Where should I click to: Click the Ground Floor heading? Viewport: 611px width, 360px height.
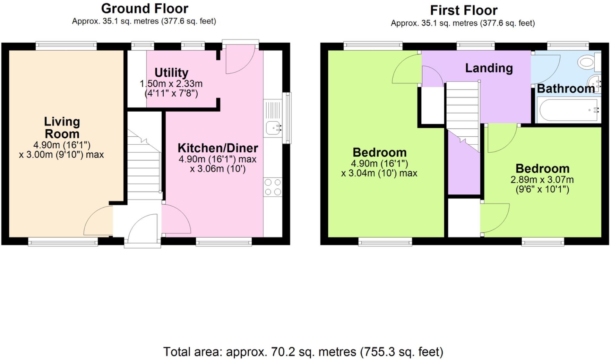click(144, 9)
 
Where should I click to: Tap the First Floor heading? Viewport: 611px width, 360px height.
click(463, 11)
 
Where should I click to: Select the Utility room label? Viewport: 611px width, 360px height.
click(171, 73)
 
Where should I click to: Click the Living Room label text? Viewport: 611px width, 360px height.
click(62, 128)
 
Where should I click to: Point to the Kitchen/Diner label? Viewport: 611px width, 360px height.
click(218, 148)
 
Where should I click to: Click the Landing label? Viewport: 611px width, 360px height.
click(489, 68)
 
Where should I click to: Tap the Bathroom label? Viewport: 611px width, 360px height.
click(565, 89)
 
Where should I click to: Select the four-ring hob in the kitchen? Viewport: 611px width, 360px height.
click(273, 187)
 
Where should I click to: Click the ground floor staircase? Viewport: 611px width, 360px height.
click(144, 164)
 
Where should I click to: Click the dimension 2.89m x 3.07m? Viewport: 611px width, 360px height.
click(542, 180)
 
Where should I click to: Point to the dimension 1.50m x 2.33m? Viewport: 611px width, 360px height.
click(171, 84)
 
